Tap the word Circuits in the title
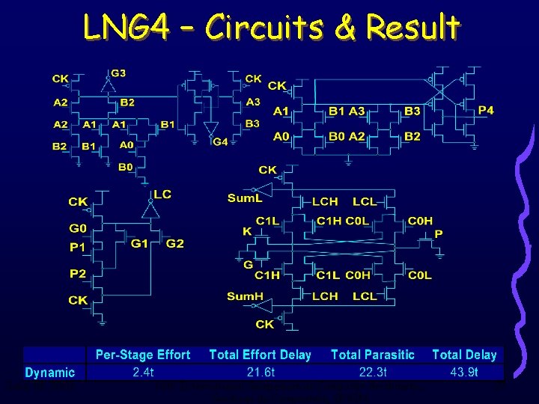tap(263, 28)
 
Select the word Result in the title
tap(412, 28)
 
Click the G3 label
tap(118, 73)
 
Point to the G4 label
tap(220, 142)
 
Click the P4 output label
tap(486, 110)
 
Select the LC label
tap(162, 195)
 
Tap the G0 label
tap(79, 228)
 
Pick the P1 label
tap(78, 247)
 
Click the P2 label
tap(78, 274)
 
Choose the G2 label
tap(174, 244)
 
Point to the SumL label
tap(246, 198)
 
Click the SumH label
tap(246, 297)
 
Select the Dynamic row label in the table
tap(50, 373)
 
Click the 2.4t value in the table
tap(143, 372)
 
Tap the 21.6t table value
tap(261, 372)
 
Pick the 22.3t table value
tap(372, 372)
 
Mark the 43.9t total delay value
tap(464, 372)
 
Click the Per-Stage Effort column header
tap(143, 355)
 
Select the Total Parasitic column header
tap(372, 355)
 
